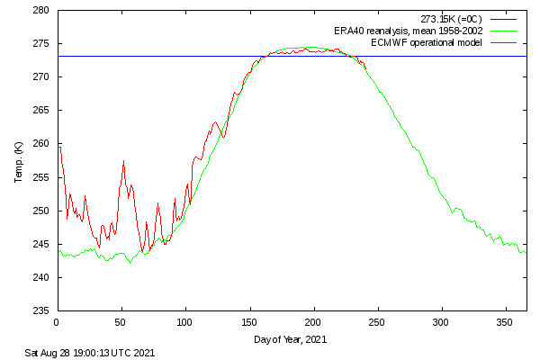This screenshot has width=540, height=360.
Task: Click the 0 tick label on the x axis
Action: pyautogui.click(x=57, y=321)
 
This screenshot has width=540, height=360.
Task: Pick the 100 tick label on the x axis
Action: pyautogui.click(x=185, y=321)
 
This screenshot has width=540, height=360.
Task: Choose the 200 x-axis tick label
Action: pyautogui.click(x=313, y=321)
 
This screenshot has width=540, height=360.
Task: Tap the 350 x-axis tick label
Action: pyautogui.click(x=506, y=321)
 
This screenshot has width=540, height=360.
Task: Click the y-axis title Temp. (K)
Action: pyautogui.click(x=19, y=161)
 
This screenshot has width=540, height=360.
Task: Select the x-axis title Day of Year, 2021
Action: pyautogui.click(x=292, y=339)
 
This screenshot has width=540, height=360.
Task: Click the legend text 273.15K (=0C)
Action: pyautogui.click(x=451, y=19)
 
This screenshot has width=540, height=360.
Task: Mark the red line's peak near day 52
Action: pyautogui.click(x=123, y=161)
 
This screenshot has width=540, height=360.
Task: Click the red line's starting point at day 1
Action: pyautogui.click(x=58, y=147)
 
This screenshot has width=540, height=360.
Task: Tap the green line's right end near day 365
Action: pyautogui.click(x=526, y=252)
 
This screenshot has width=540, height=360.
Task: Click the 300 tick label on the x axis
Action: pyautogui.click(x=442, y=321)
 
